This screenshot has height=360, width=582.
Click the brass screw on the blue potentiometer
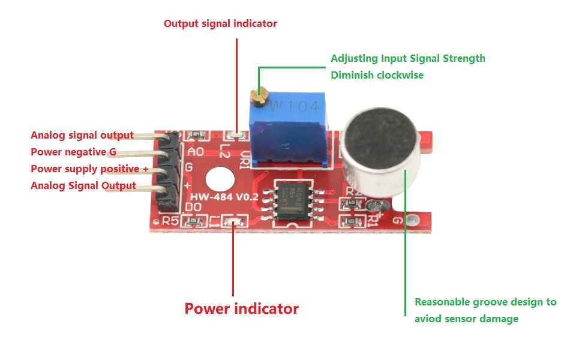(259, 96)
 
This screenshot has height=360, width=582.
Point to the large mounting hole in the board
(219, 179)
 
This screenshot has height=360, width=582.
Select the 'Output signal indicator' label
(220, 24)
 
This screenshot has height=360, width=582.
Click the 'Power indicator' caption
(241, 309)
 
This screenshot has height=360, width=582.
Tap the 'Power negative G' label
(73, 152)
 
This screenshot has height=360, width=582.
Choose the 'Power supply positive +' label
(89, 169)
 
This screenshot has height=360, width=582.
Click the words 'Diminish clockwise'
(377, 75)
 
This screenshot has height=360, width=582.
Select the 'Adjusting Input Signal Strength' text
(407, 58)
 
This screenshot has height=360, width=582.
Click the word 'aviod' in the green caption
(428, 319)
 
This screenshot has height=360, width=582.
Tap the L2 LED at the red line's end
(236, 136)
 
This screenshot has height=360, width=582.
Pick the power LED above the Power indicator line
(233, 222)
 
